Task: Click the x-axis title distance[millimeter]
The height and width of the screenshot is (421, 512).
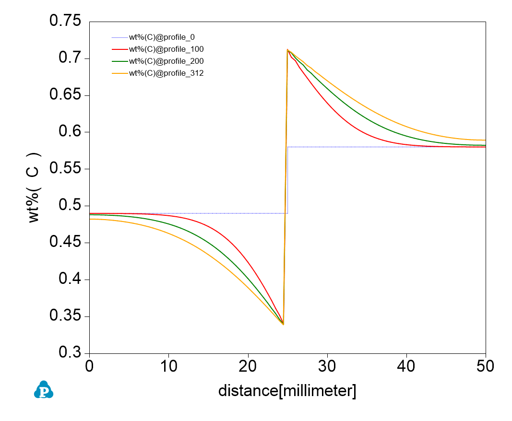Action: (x=287, y=390)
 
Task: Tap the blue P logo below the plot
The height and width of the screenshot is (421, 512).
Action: (x=44, y=390)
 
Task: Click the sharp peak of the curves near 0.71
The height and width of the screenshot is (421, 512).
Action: (x=287, y=49)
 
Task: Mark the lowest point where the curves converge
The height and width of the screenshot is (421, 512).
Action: (x=284, y=325)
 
